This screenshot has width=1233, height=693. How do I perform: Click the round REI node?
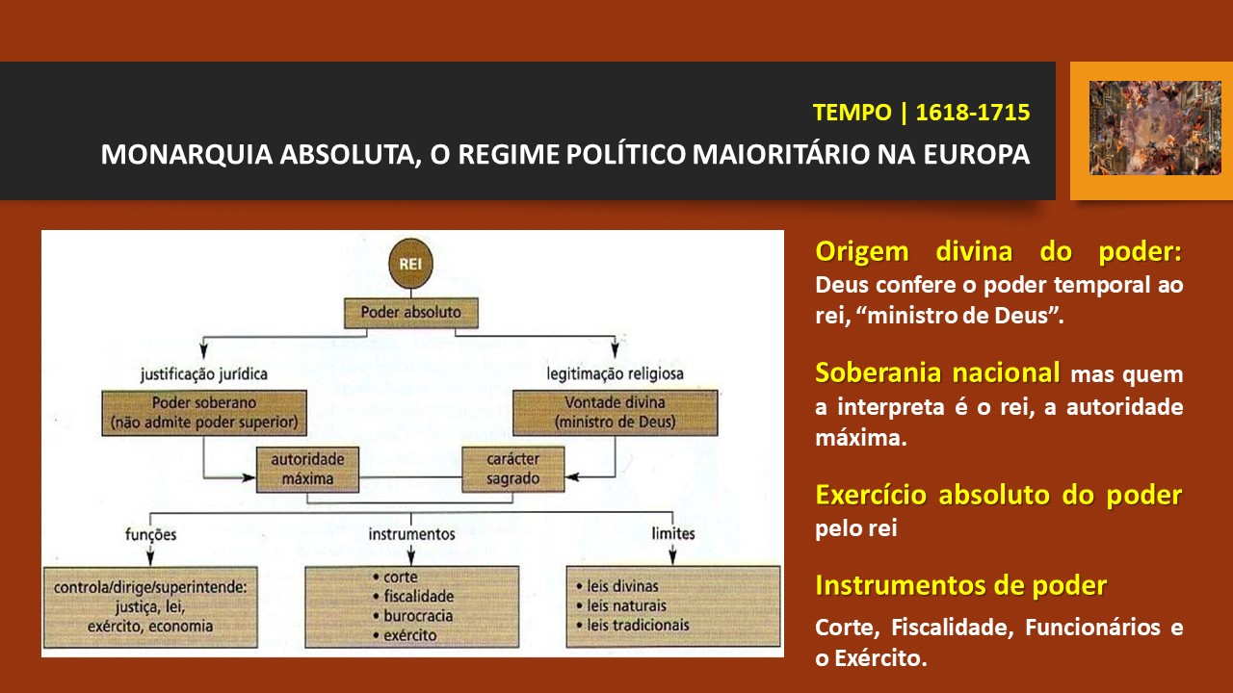[410, 264]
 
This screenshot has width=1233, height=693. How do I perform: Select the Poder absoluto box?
[411, 313]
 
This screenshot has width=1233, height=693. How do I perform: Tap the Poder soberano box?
[204, 413]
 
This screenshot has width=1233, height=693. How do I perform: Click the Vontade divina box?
[615, 413]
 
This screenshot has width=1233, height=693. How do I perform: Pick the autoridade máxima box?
[307, 469]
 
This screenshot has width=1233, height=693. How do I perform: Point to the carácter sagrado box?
[513, 469]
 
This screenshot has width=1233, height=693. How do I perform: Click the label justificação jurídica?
[204, 374]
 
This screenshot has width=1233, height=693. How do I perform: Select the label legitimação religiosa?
[615, 374]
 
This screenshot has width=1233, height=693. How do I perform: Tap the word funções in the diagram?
[150, 534]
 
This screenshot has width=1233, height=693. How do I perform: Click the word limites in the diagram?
[672, 533]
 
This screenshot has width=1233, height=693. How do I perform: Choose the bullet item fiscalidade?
[413, 596]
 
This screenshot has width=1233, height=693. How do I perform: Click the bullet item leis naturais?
[621, 605]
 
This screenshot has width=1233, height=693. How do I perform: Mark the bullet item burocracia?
[413, 616]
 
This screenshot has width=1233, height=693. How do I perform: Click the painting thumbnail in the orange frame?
[1155, 128]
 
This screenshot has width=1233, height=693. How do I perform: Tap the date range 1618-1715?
[973, 113]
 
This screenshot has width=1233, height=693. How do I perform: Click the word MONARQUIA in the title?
[187, 154]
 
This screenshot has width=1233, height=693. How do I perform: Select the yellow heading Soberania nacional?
[937, 372]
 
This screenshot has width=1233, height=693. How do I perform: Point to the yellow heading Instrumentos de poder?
[961, 585]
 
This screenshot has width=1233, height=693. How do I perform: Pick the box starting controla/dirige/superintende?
[150, 607]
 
